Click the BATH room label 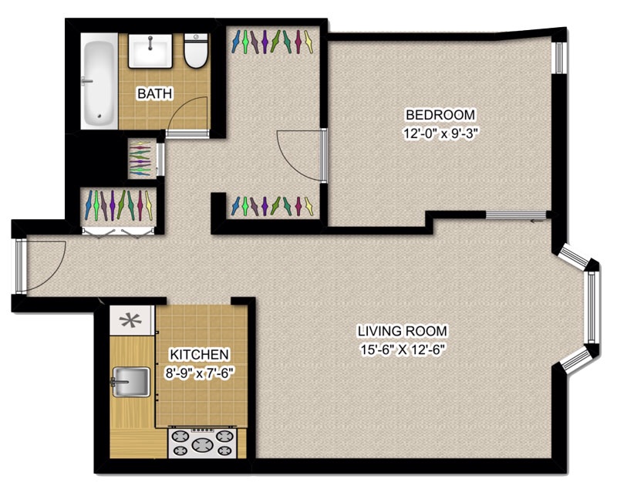coord(155,93)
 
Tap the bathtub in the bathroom coord(99,81)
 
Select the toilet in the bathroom coord(196,51)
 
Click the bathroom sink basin coord(150,51)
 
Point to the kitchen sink coord(131,382)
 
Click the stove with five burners coord(202,443)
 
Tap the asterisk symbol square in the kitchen coord(131,321)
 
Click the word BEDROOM coord(440,115)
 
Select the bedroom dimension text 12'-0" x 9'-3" coord(440,133)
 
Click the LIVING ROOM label coord(402,331)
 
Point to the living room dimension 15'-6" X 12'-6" coord(403,349)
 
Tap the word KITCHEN coord(199,355)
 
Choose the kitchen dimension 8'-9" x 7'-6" coord(199,373)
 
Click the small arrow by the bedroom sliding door coord(536,221)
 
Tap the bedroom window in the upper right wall coord(558,57)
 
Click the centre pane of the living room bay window coord(592,307)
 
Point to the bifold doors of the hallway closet coord(117,232)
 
